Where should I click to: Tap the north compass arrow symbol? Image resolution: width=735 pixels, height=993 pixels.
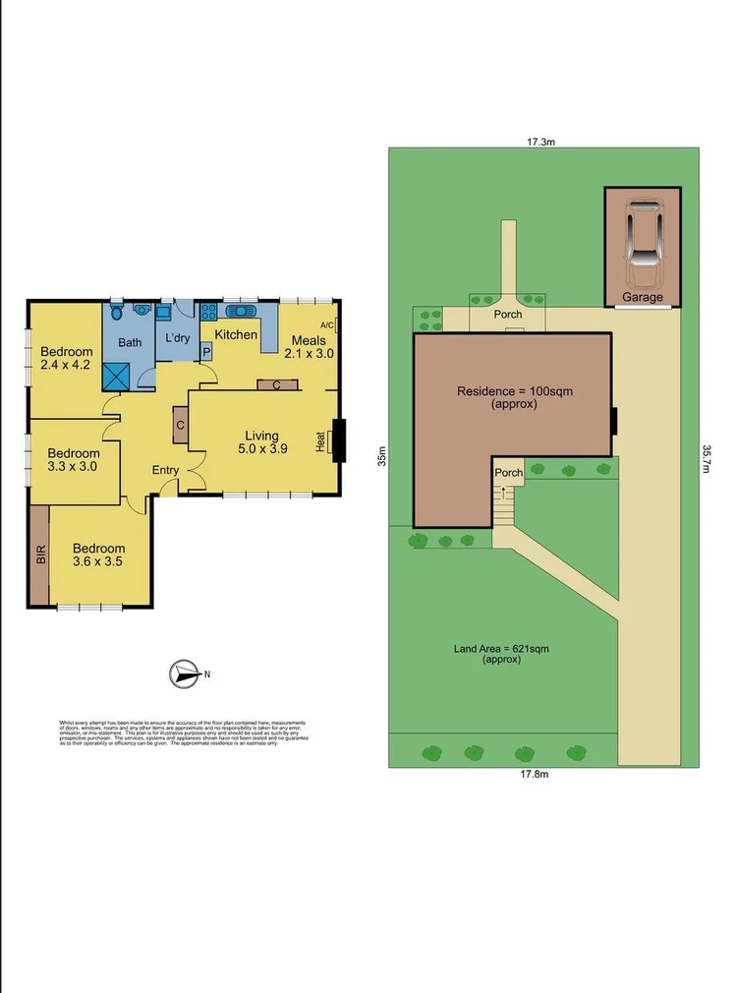coord(183,673)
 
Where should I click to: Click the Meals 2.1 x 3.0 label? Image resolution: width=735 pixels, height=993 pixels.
coord(309,347)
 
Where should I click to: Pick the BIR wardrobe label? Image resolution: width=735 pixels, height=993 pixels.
coord(40,555)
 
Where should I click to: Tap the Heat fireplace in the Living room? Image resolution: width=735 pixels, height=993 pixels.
coord(338,441)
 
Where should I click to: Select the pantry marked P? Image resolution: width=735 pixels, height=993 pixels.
coord(207,349)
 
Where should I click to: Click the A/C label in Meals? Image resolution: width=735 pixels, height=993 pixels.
coord(327,325)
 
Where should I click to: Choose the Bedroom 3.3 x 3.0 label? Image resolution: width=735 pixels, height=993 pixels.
coord(73,460)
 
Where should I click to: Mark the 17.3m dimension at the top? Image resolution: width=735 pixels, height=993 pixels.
coord(541,142)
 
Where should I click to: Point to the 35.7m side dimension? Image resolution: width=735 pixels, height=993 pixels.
coord(707,459)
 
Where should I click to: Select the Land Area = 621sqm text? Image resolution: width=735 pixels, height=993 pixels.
coord(501,654)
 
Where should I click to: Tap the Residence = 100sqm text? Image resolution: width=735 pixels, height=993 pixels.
coord(514,397)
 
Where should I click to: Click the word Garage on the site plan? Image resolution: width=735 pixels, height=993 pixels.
coord(643,297)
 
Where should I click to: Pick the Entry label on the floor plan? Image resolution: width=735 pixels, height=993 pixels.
coord(165,470)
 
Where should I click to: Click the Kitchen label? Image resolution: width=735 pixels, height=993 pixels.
coord(236,335)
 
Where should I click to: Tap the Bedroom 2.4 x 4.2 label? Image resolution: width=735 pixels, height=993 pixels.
coord(67,359)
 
